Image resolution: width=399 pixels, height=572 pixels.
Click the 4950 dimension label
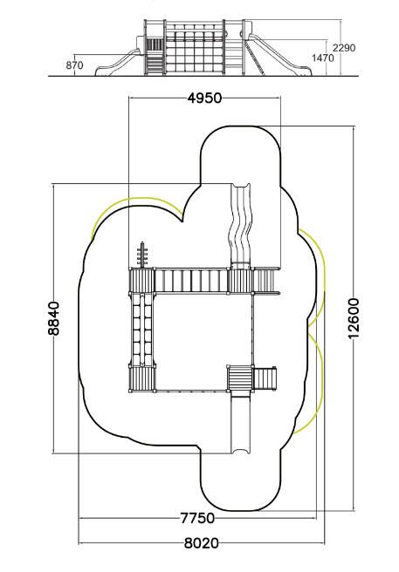click(x=204, y=98)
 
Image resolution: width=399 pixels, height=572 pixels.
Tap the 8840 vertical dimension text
click(x=53, y=318)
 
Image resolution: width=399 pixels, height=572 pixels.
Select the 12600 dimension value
click(x=354, y=318)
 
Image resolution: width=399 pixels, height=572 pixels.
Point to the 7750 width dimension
click(x=197, y=518)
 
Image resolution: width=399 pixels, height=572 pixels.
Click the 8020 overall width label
click(x=202, y=543)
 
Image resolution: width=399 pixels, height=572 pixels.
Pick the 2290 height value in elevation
click(x=344, y=48)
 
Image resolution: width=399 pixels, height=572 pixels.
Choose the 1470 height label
click(x=323, y=58)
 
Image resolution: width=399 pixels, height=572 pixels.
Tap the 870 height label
click(x=74, y=65)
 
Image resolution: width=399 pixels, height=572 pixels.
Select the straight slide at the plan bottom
click(x=241, y=422)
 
